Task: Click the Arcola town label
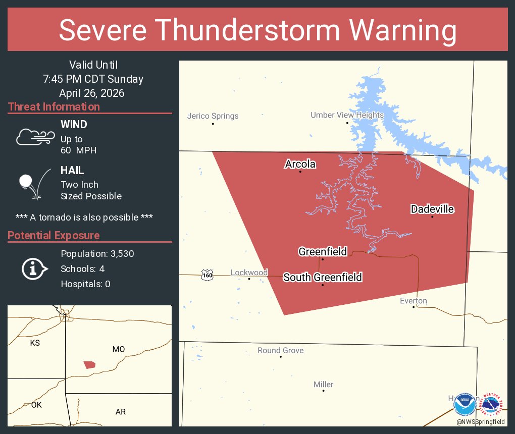[300, 164]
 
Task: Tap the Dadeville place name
[432, 209]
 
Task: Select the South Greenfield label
[323, 277]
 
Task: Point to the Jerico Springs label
[213, 116]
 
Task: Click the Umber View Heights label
[347, 115]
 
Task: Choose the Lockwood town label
[249, 273]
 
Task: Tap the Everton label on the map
[414, 301]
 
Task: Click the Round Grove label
[281, 350]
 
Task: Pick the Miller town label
[324, 385]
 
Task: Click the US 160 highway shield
[207, 275]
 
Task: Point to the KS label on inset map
[35, 343]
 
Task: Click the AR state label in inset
[120, 412]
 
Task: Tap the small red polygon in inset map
[89, 364]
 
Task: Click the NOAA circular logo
[464, 404]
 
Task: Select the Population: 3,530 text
[97, 254]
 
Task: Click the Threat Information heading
[54, 106]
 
